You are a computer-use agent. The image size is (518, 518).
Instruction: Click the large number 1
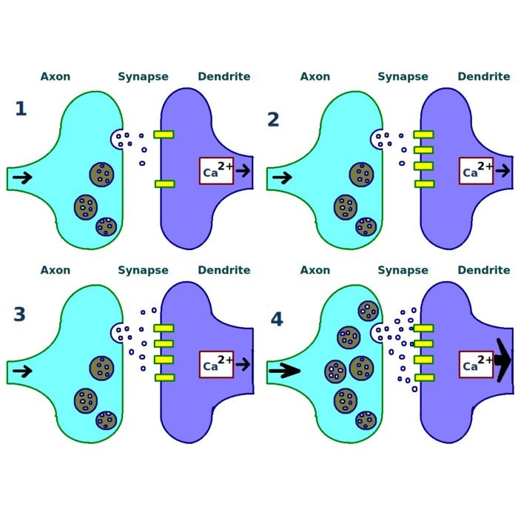pos(21,108)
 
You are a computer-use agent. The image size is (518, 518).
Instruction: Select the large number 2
pos(273,119)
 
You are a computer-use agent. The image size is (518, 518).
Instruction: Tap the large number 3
pos(19,314)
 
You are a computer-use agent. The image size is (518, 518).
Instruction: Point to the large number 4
pos(277,319)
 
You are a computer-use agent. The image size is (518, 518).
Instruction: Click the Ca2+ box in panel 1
pos(216,171)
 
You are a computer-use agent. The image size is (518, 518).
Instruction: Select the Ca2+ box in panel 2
pos(476,171)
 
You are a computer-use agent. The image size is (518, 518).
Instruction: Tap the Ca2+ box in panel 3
pos(216,364)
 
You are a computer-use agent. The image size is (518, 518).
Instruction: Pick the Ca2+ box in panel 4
pos(476,364)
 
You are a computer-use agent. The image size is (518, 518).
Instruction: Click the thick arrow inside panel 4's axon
pos(284,371)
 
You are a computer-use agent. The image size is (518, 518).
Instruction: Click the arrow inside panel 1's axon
pos(22,178)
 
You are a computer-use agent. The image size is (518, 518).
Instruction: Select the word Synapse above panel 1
pos(143,77)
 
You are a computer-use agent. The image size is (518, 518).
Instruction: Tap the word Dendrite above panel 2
pos(484,76)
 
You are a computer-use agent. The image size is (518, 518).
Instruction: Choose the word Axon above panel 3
pos(55,270)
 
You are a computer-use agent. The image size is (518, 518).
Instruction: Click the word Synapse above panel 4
pos(403,271)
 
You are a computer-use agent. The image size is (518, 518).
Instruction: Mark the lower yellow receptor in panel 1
pos(164,184)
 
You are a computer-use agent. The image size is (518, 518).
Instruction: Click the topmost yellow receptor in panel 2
pos(423,135)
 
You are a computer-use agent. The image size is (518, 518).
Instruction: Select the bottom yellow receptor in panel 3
pos(164,377)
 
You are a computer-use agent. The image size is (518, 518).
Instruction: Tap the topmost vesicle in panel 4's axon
pos(368,311)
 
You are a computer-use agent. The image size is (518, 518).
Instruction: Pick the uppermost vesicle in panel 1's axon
pos(102,174)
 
